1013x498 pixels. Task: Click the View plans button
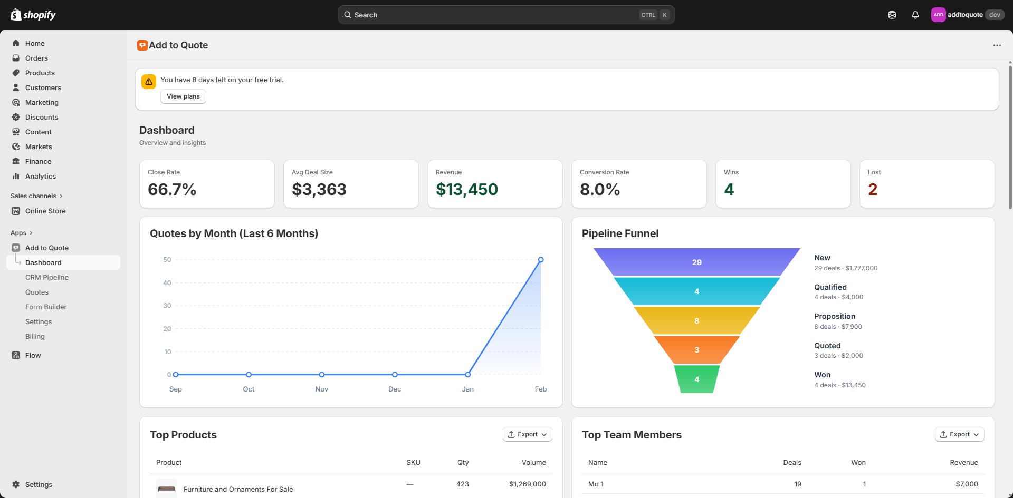point(183,96)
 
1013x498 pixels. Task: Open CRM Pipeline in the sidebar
point(47,278)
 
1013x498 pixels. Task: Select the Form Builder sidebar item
point(46,307)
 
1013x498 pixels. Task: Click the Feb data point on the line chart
point(541,260)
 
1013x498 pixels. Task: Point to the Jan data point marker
point(468,375)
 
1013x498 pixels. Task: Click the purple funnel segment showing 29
point(696,262)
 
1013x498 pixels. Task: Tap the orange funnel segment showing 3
point(696,350)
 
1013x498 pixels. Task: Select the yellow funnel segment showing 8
point(696,321)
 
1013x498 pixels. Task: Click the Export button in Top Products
point(527,434)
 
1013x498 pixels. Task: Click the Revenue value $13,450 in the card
point(467,190)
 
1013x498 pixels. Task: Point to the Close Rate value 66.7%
point(172,190)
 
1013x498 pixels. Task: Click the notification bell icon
point(915,15)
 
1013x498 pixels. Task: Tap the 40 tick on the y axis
point(167,283)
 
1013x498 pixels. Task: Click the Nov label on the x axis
point(322,389)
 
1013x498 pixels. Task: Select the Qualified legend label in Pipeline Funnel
point(830,287)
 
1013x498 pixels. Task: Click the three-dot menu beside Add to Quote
point(997,45)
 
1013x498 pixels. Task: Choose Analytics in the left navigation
point(41,177)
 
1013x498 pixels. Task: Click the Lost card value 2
point(873,190)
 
